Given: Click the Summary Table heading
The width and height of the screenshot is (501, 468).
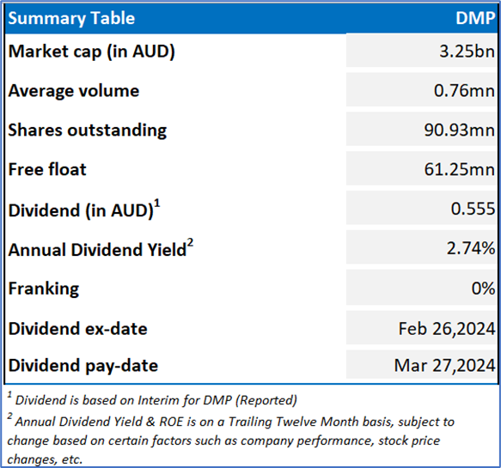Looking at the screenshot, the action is (x=71, y=19).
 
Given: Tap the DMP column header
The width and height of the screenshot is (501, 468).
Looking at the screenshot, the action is (x=475, y=18).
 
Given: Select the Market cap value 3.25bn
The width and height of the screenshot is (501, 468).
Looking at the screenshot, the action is (x=467, y=51).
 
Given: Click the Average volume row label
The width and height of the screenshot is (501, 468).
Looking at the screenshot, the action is (x=74, y=91).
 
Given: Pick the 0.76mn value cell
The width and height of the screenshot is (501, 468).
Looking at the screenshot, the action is (x=464, y=90).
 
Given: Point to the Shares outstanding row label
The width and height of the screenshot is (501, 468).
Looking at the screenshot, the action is (x=88, y=131).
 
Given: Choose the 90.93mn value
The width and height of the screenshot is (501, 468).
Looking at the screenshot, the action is (x=459, y=130).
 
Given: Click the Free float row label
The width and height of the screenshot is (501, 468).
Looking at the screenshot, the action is (x=47, y=169).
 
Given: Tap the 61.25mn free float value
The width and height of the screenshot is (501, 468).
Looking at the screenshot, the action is (x=459, y=169).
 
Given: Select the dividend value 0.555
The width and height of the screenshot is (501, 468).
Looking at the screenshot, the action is (x=473, y=209).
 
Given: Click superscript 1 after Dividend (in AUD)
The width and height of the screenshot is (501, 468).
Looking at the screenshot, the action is (x=157, y=204).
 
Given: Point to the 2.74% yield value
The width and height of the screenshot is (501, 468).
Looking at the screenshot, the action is (x=471, y=248).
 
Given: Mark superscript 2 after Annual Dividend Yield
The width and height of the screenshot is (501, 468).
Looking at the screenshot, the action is (x=190, y=243).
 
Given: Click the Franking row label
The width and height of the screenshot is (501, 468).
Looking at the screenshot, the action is (x=44, y=289).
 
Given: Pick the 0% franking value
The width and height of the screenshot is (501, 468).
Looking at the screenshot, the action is (x=483, y=289).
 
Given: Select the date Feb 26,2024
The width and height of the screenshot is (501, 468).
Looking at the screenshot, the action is (x=447, y=329).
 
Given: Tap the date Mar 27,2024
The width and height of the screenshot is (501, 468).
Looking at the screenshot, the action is (x=444, y=365).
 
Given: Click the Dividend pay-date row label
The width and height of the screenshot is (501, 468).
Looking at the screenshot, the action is (x=83, y=366).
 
